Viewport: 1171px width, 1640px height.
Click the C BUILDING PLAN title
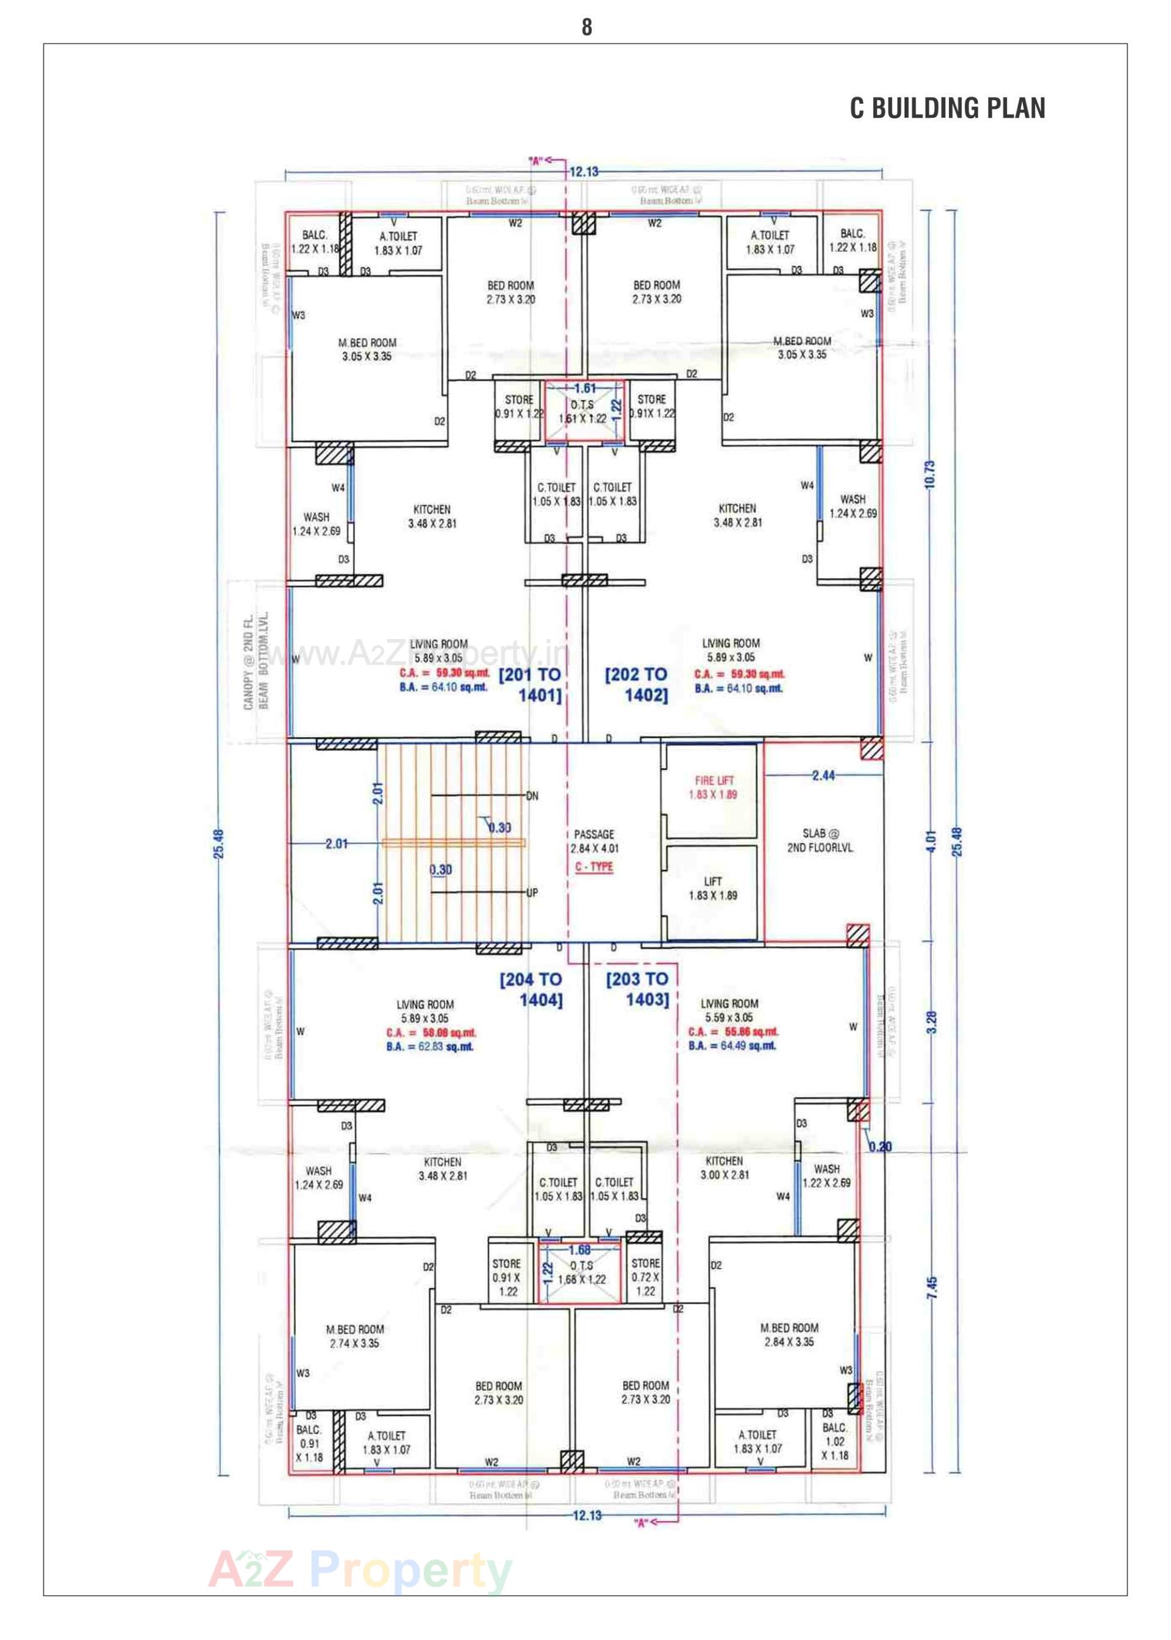947,108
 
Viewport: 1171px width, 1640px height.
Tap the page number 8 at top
586,27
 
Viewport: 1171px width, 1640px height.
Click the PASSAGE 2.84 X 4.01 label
594,841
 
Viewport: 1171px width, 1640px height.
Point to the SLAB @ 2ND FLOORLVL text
820,840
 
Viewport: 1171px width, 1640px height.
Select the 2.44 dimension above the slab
823,776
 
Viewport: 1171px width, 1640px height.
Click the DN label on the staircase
532,797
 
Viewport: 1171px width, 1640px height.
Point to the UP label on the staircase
532,892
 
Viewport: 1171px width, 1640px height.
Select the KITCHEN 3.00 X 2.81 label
724,1168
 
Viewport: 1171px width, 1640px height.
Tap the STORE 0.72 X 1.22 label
645,1277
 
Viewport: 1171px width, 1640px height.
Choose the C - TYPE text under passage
594,867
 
